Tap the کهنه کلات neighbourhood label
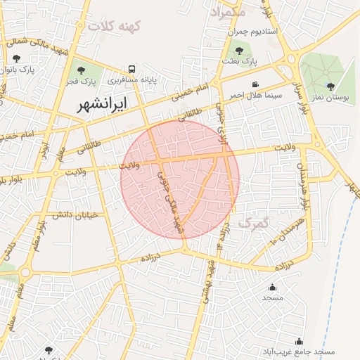click(x=115, y=26)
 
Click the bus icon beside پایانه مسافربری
click(x=131, y=69)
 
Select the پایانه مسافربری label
click(x=131, y=81)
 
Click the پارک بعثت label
click(x=239, y=62)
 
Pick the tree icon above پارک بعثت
click(x=239, y=51)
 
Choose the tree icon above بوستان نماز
click(x=330, y=86)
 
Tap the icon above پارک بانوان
click(x=16, y=58)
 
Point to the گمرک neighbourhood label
click(x=254, y=223)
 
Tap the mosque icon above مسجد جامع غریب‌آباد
click(x=299, y=341)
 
